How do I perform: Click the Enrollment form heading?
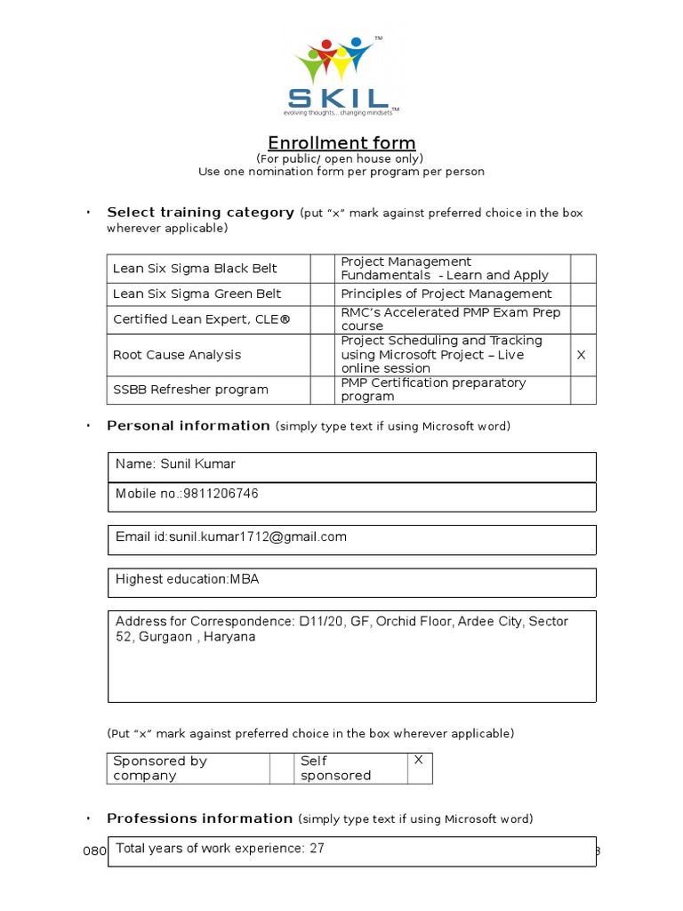coord(341,143)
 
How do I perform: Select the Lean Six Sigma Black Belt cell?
coord(196,269)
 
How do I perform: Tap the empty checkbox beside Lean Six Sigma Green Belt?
coord(321,294)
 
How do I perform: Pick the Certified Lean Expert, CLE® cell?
coord(201,319)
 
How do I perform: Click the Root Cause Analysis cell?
coord(177,355)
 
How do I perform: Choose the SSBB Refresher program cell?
coord(190,390)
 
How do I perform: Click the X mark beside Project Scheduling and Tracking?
coord(582,355)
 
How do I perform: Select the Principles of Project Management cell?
coord(446,294)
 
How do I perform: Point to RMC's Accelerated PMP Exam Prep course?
coord(451,319)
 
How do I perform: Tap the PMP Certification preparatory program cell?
coord(433,390)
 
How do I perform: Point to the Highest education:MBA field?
coord(187,579)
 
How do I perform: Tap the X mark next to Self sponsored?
coord(419,761)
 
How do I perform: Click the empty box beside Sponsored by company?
coord(282,768)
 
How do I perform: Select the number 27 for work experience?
coord(317,849)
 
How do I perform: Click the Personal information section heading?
coord(188,425)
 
